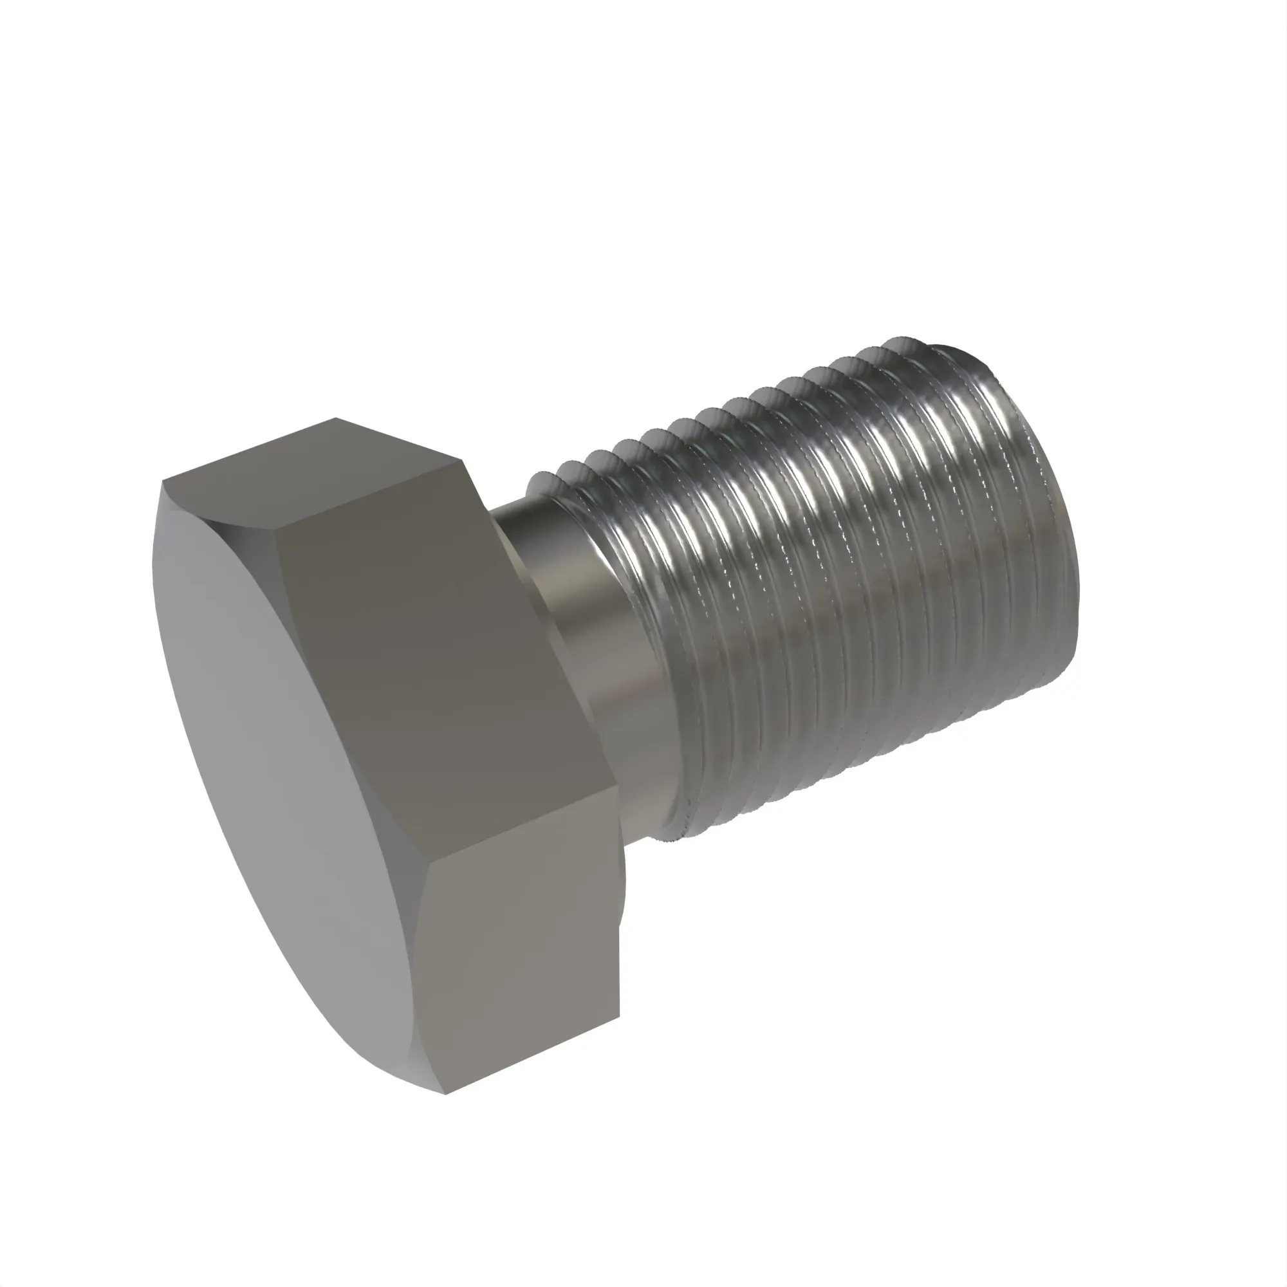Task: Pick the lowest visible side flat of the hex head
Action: pyautogui.click(x=519, y=946)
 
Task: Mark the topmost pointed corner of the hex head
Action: pyautogui.click(x=335, y=418)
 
